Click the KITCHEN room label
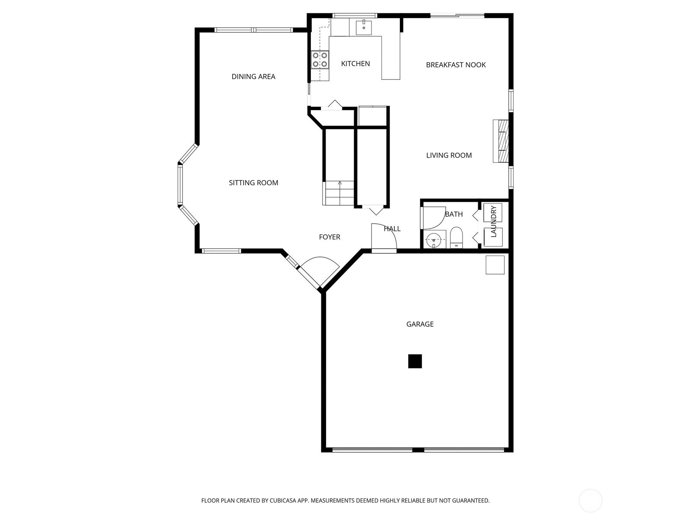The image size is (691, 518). coord(355,63)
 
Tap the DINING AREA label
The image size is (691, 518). coord(254,76)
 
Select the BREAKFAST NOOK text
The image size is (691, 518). coord(456,65)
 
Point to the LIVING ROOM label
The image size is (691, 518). coord(449,155)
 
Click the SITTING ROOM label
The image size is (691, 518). coord(254,183)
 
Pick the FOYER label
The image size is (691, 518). coord(330,237)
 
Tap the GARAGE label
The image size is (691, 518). coord(420,324)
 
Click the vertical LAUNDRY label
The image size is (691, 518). coord(493,221)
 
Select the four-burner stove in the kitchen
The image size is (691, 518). coord(320,60)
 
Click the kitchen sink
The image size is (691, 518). coord(364,28)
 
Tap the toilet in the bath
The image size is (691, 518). coord(456,237)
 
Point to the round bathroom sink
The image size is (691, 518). coord(434,240)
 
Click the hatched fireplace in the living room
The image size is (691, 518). coord(501,141)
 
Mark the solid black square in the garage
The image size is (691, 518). coord(415,361)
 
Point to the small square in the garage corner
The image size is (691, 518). coord(495,265)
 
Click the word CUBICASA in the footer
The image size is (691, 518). coord(283,500)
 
